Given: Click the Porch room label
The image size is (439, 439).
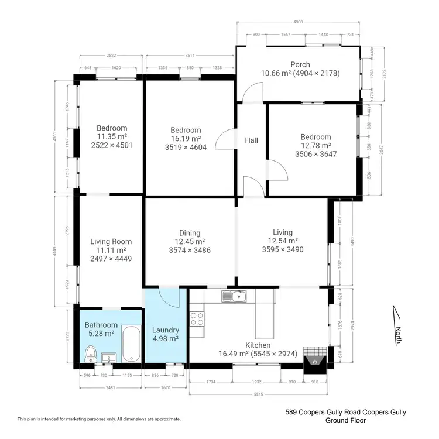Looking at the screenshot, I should pos(300,64).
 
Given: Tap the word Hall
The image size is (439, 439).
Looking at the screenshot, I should pos(251,140).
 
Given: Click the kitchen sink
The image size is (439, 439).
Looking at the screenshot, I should pos(232,297).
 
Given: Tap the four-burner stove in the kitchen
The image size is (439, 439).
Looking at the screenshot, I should pos(196,319).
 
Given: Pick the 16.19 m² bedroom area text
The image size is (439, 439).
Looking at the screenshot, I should pos(186,139).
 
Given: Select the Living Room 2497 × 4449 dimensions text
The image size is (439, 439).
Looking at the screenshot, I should pos(111,259).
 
